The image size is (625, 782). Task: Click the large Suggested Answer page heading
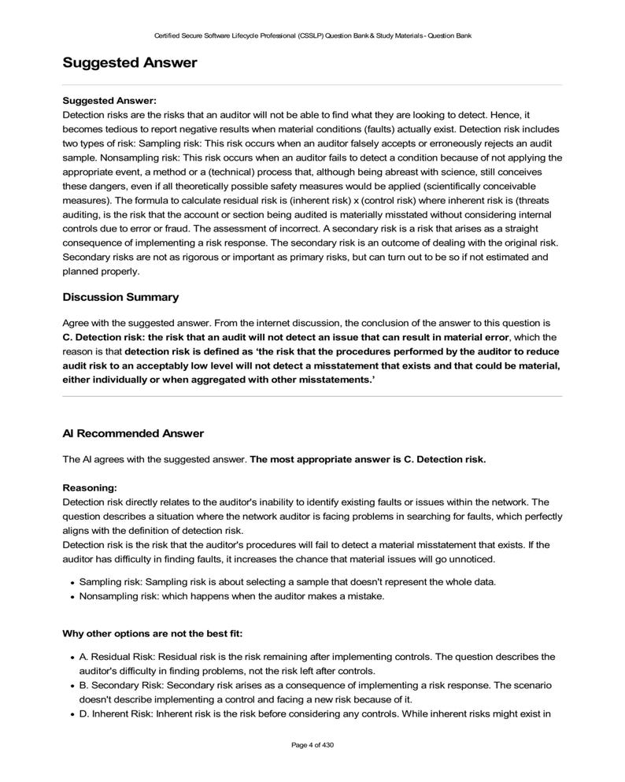[129, 62]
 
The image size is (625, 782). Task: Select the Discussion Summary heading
[120, 297]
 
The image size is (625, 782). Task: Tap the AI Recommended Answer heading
[132, 433]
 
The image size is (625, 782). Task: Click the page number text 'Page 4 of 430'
[312, 744]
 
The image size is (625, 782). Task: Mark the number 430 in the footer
[328, 744]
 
